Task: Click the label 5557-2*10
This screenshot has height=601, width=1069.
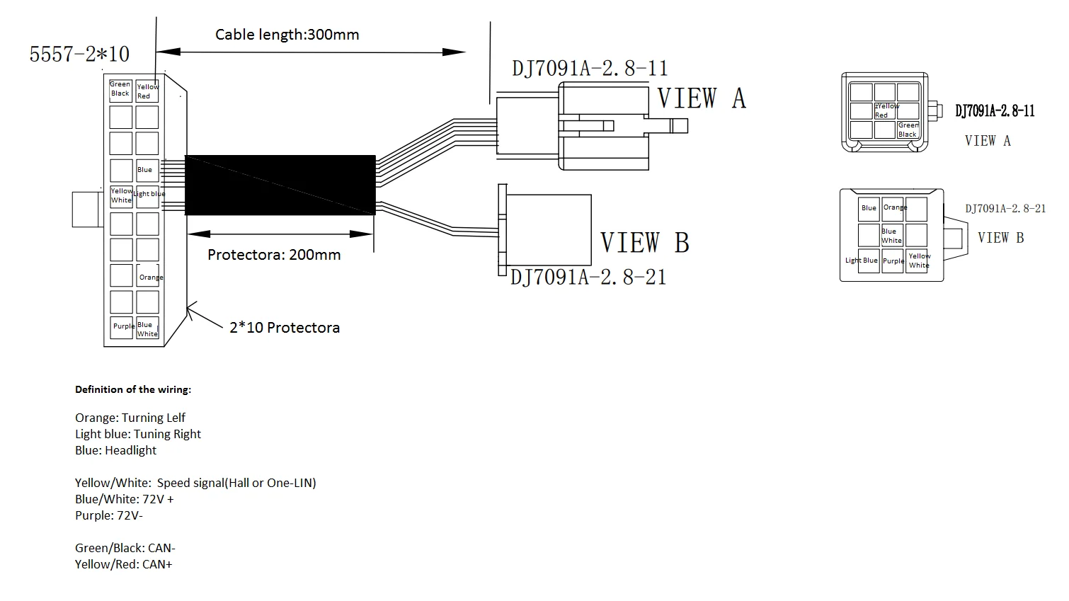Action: pos(79,55)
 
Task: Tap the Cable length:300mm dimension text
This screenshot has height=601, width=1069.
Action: pos(287,35)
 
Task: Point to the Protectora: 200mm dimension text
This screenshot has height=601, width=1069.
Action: pos(274,255)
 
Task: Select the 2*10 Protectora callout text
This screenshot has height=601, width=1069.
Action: pos(285,328)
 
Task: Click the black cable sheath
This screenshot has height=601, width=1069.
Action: pos(280,185)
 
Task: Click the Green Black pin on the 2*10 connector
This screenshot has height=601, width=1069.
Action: pos(120,89)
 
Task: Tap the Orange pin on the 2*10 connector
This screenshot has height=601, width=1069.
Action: pos(148,277)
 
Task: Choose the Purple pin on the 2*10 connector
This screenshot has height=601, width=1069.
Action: pos(122,327)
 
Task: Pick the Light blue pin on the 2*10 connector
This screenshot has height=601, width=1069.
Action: pos(148,195)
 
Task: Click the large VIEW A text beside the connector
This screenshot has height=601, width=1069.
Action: pos(702,98)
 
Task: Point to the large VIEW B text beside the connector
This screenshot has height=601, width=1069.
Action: pos(644,243)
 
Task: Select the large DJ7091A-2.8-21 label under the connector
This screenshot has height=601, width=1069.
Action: pos(588,277)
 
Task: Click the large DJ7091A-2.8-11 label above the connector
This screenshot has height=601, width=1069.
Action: pos(590,69)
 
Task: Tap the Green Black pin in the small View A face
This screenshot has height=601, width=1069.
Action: pos(908,130)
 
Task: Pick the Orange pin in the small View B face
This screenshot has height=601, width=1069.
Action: pos(893,209)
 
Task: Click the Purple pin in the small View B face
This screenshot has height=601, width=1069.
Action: pos(893,261)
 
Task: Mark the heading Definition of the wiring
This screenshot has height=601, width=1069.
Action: pos(133,389)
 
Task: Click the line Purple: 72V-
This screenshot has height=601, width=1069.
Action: pos(109,515)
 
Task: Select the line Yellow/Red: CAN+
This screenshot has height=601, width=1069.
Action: pos(124,564)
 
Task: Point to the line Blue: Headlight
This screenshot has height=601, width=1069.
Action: pos(115,450)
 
